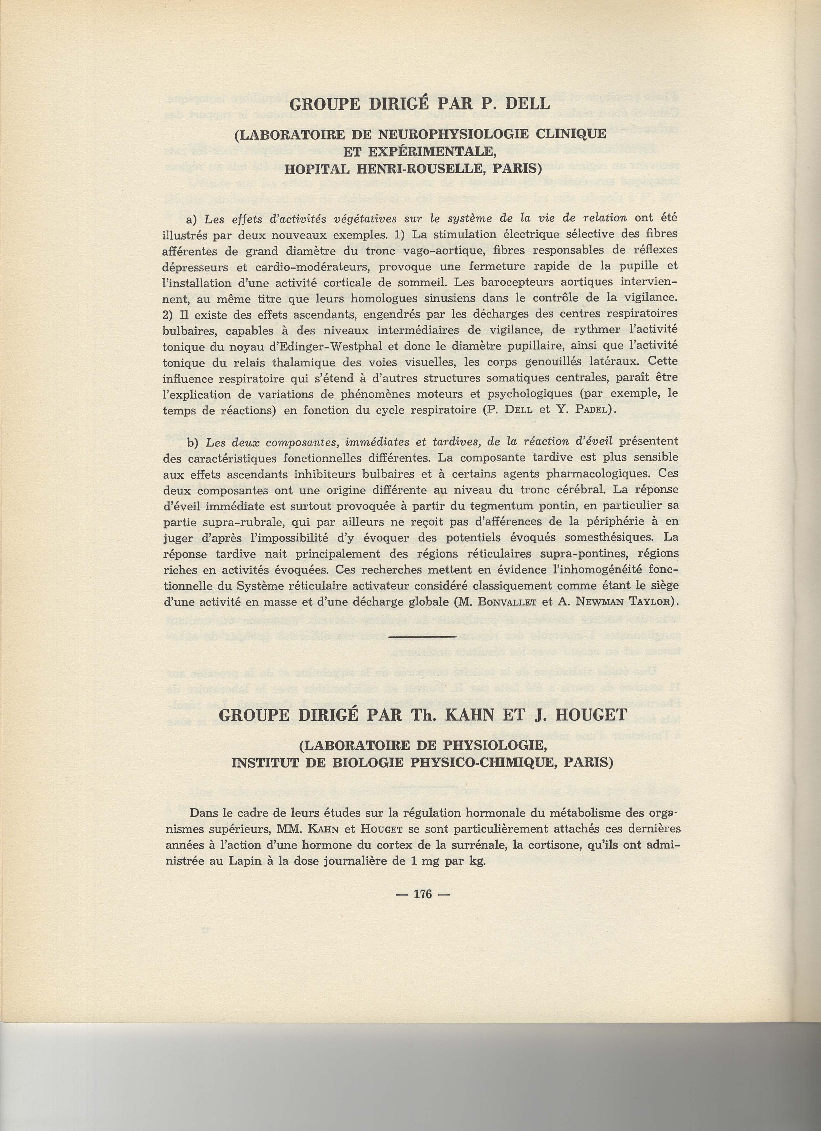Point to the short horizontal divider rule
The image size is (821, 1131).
(421, 637)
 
